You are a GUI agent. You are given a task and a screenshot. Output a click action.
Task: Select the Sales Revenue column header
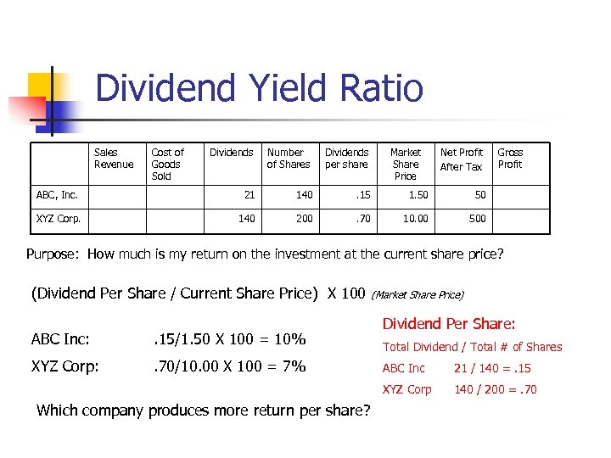113,159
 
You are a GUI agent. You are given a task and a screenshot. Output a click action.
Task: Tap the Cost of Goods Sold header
167,165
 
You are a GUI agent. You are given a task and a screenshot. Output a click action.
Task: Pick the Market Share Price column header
405,165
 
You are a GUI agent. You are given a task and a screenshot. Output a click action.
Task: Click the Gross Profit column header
510,159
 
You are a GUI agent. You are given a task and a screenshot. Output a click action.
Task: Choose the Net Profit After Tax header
461,159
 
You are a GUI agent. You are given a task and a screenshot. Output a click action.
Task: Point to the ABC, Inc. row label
57,195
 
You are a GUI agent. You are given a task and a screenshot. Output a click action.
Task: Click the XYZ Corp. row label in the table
59,218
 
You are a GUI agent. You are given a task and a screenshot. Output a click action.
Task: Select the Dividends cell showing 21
249,195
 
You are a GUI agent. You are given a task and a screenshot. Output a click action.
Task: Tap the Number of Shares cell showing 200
304,218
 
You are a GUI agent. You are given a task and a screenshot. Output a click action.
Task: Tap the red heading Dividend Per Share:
449,324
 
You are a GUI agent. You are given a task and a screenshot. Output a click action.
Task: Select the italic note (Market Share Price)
418,295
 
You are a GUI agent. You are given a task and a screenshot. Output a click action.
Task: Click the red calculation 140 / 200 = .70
496,389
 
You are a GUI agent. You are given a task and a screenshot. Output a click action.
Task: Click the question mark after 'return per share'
366,411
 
